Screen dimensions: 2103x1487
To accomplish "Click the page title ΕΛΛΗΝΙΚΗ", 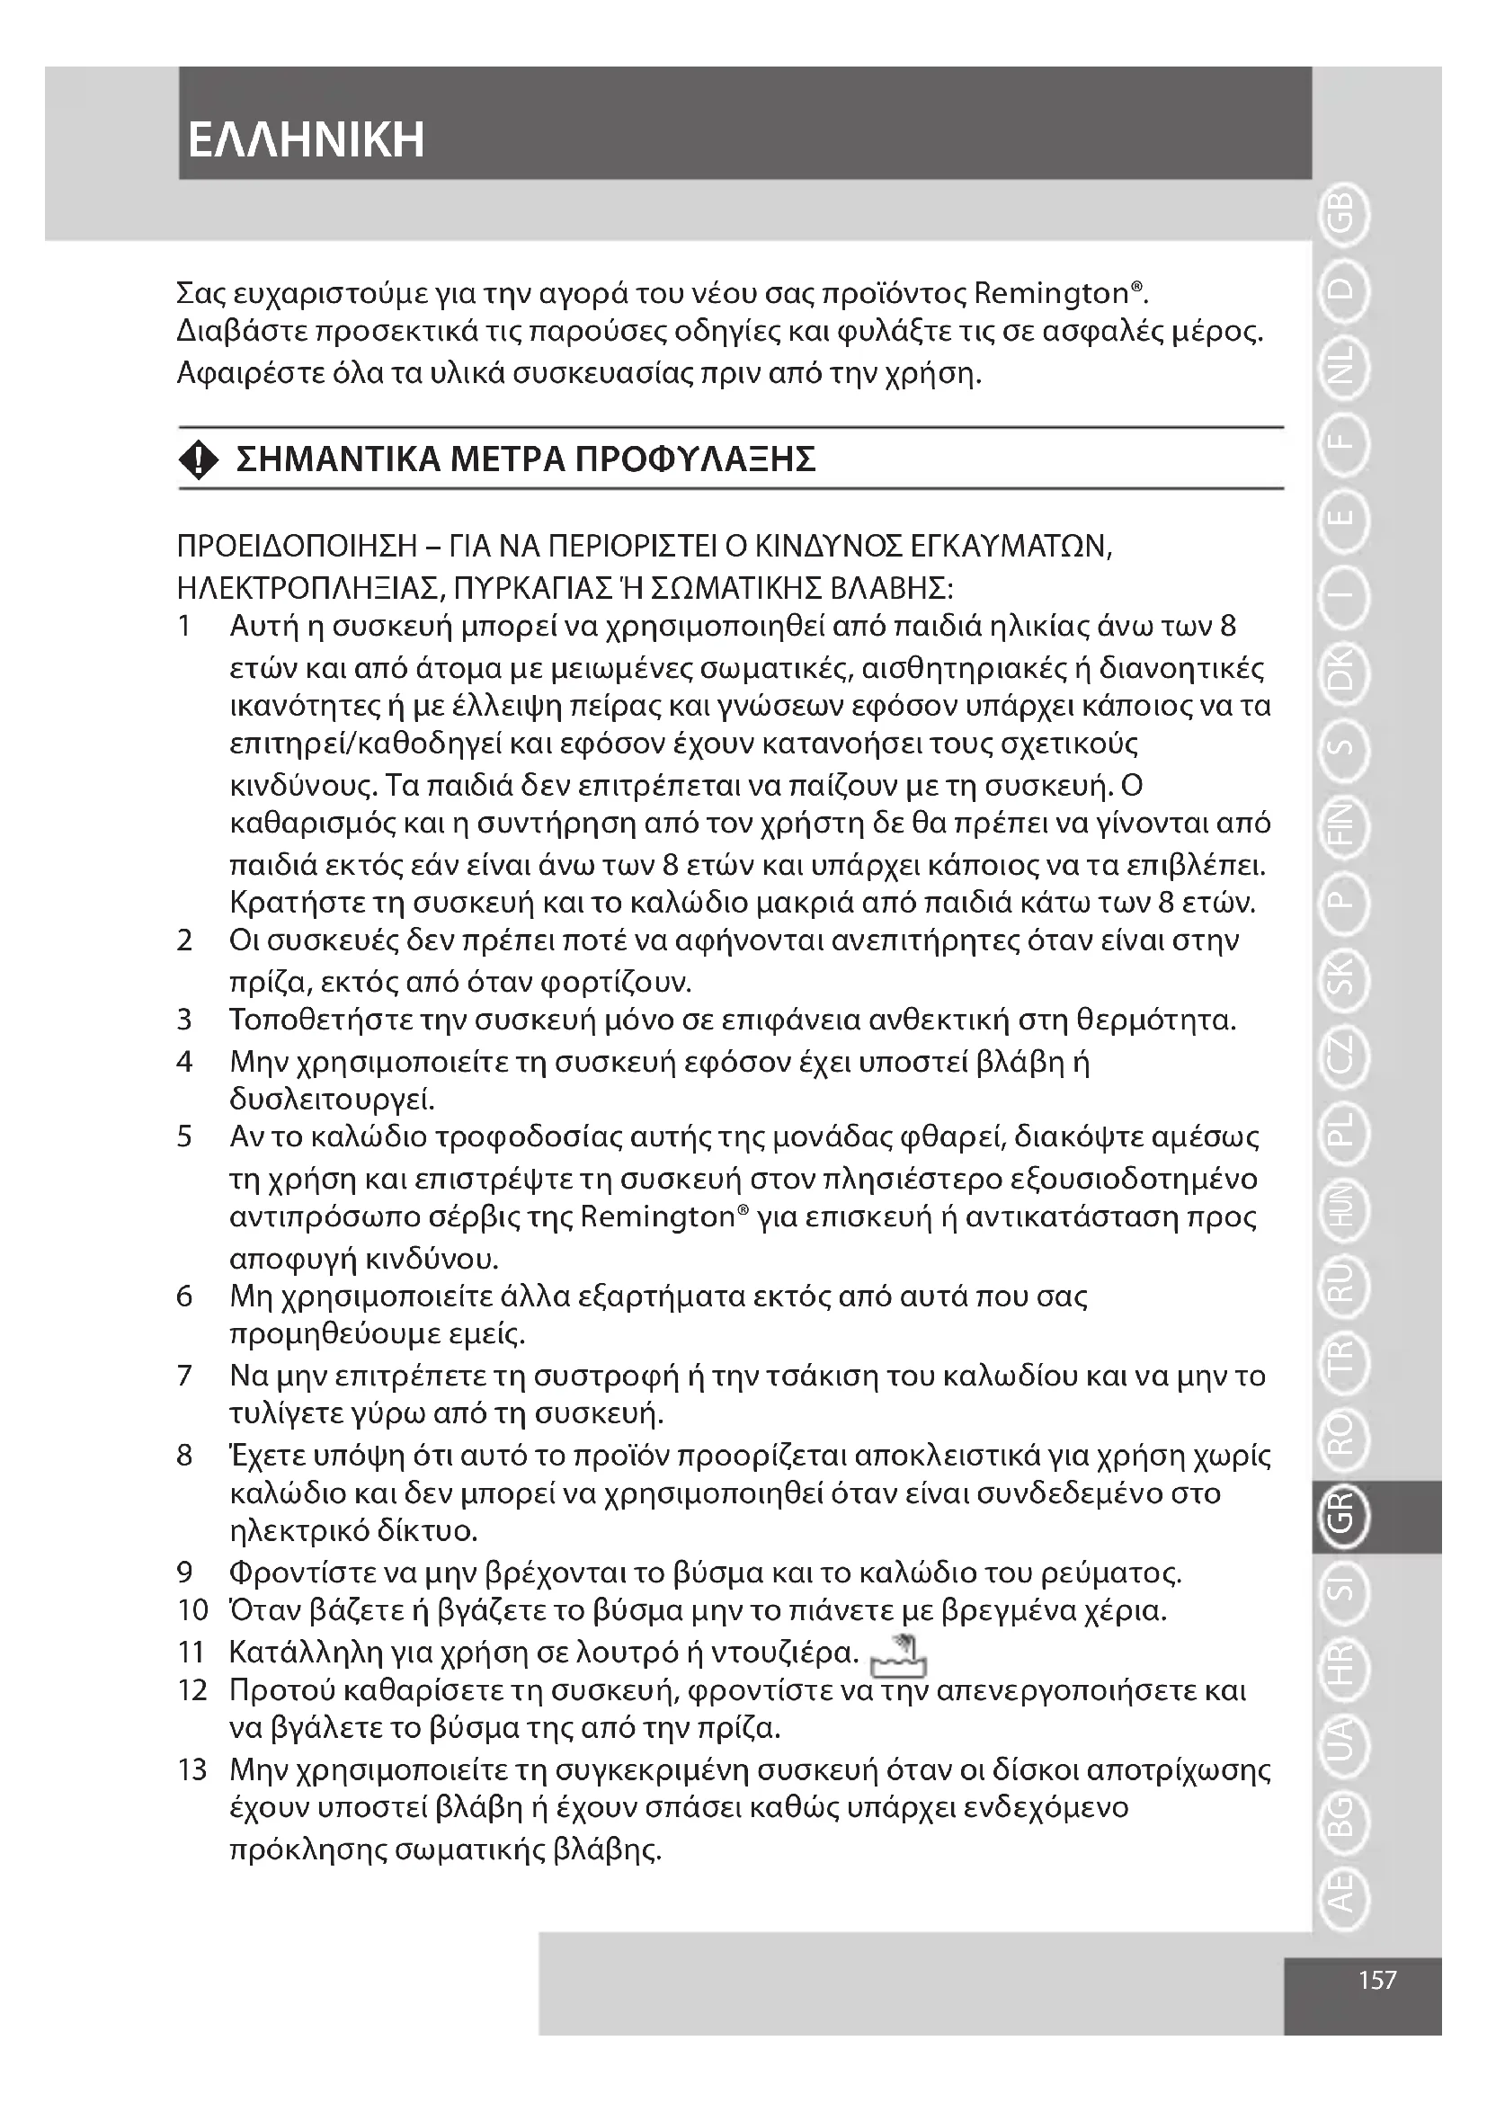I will tap(306, 140).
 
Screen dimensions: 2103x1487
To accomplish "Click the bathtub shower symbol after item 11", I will tap(899, 1653).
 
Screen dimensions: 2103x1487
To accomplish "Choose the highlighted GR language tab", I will tap(1342, 1517).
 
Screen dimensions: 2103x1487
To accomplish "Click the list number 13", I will tap(192, 1769).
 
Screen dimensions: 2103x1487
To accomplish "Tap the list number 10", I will tap(192, 1610).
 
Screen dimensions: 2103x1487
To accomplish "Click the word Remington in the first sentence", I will tap(1051, 294).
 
